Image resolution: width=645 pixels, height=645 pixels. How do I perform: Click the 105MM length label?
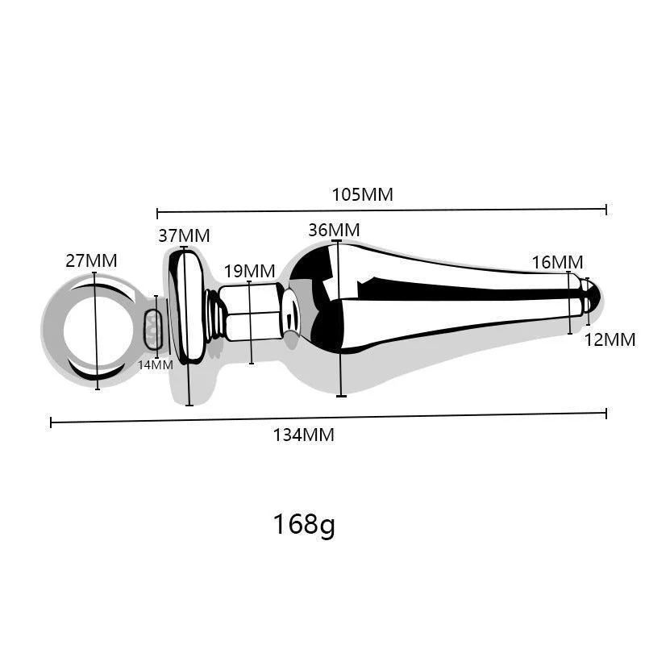point(362,194)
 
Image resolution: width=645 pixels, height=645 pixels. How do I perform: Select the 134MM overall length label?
point(303,435)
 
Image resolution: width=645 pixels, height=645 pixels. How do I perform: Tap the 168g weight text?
point(303,525)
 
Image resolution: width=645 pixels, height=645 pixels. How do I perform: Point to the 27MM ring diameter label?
point(91,260)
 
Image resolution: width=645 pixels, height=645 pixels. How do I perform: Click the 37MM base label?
point(184,235)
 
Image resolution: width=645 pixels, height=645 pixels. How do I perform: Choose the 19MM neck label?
point(249,270)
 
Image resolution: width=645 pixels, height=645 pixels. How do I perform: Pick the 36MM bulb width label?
point(334,230)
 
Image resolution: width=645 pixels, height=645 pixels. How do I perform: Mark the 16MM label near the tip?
point(557,262)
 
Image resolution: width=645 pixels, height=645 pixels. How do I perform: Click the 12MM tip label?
point(610,339)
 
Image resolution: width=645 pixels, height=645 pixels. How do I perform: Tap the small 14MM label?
point(155,364)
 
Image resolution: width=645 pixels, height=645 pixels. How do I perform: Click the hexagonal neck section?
point(250,311)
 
